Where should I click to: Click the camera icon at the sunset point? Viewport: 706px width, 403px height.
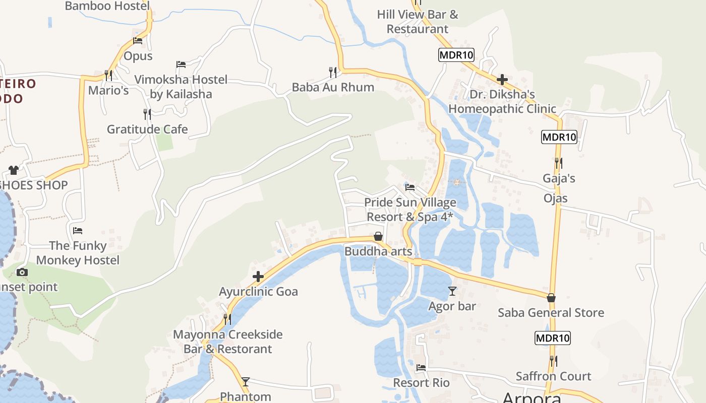pos(22,273)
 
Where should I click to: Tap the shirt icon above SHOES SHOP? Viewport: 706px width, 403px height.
pos(14,170)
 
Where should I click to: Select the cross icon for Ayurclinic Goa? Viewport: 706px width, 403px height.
pos(258,277)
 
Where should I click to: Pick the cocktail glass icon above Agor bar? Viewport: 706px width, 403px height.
pos(452,291)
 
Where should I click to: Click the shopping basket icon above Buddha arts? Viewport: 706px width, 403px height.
pos(378,236)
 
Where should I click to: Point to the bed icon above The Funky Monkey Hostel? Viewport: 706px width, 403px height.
pos(78,231)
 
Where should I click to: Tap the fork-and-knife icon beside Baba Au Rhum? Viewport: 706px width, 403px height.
pos(333,73)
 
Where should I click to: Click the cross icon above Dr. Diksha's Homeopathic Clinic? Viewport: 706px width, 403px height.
pos(502,80)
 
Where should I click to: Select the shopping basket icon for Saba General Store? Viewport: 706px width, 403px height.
pos(551,298)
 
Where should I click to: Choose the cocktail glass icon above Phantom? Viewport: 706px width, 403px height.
pos(246,382)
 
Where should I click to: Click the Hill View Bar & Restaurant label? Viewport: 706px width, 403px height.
pos(418,22)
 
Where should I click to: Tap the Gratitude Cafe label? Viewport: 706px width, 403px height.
pos(147,129)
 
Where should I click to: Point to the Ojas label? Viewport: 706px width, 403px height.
pos(556,198)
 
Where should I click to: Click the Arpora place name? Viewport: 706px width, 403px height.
pos(532,398)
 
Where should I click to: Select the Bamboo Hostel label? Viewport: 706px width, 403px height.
pos(107,6)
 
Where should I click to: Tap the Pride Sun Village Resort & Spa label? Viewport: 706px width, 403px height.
pos(410,210)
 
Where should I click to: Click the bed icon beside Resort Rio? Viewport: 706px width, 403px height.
pos(421,368)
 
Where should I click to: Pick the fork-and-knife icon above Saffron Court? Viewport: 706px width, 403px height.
pos(553,361)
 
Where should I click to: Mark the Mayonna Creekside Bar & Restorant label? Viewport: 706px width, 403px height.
pos(228,342)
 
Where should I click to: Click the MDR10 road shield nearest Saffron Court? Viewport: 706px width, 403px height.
pos(553,338)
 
